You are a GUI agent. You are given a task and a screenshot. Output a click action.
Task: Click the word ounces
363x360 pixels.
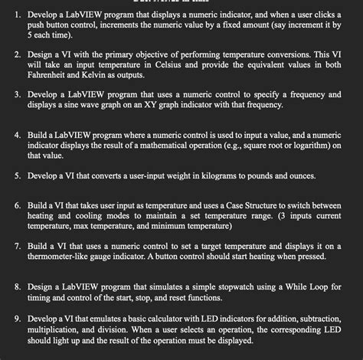297,175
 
